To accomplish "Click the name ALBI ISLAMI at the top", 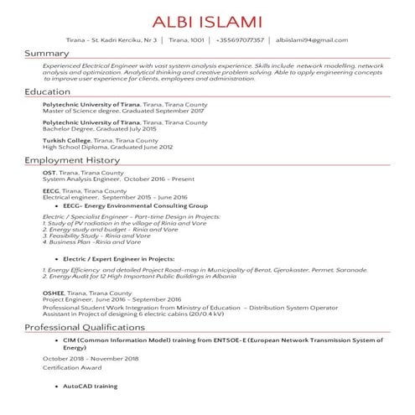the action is coord(207,21).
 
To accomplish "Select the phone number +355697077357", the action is coord(240,39).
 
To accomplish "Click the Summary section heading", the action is coord(46,54).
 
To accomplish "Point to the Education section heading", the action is coord(48,91).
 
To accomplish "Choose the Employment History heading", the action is coord(72,159).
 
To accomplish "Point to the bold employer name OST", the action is coord(49,172).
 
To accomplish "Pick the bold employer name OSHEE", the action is coord(54,292).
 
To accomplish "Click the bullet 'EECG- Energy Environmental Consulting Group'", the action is coord(135,205).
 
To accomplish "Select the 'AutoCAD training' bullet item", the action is coord(90,386).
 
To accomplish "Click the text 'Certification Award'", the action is coord(72,367).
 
